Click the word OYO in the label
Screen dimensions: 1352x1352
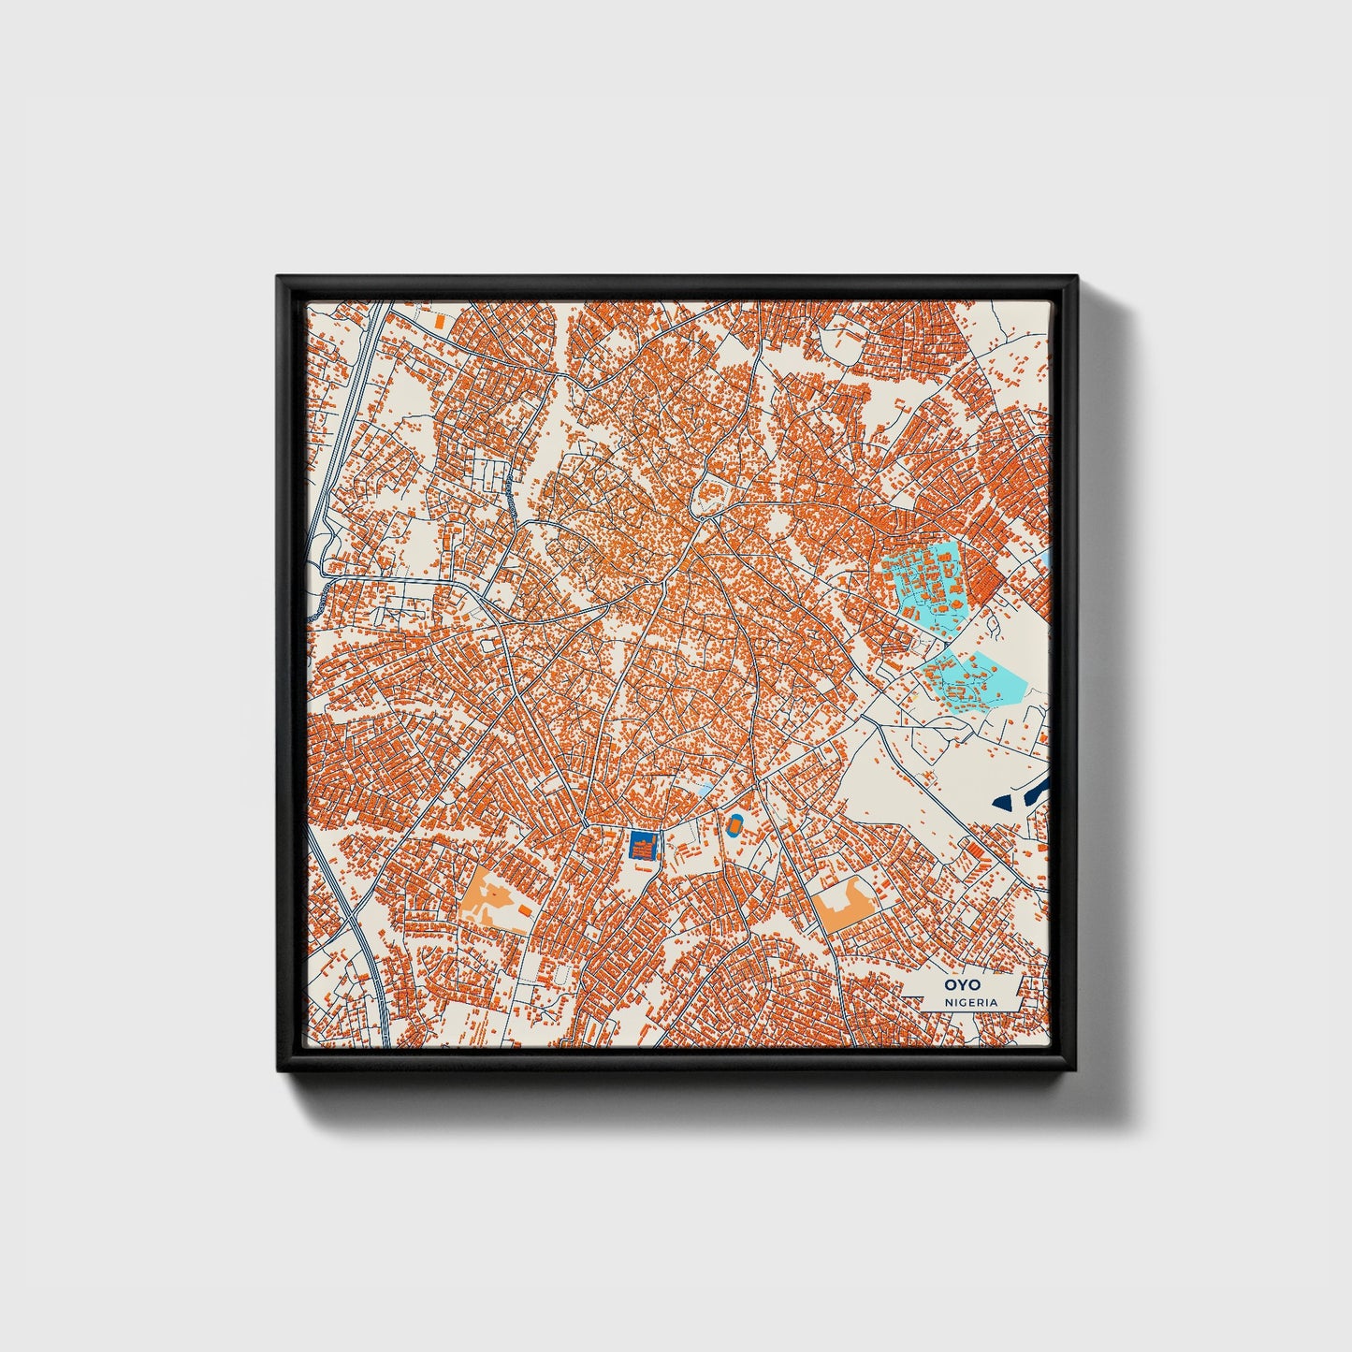[957, 985]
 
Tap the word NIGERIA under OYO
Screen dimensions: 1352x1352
[970, 1002]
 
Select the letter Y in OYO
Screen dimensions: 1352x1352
[957, 985]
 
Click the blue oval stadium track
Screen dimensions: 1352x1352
[734, 824]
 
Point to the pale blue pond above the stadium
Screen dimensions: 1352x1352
[704, 792]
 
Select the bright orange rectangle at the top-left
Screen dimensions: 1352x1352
[439, 320]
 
